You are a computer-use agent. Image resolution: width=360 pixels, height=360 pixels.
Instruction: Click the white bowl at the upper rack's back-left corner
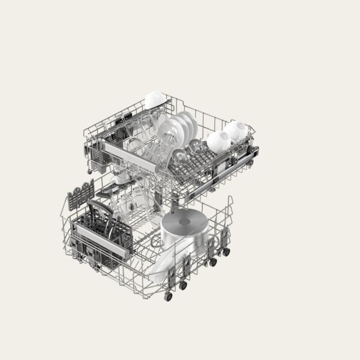click(x=155, y=100)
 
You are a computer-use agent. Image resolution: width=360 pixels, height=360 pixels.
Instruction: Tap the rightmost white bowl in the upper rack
click(x=236, y=130)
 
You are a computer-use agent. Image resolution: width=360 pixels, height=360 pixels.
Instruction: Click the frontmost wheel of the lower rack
click(x=168, y=296)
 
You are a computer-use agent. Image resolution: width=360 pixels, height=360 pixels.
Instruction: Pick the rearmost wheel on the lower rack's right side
click(x=226, y=252)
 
